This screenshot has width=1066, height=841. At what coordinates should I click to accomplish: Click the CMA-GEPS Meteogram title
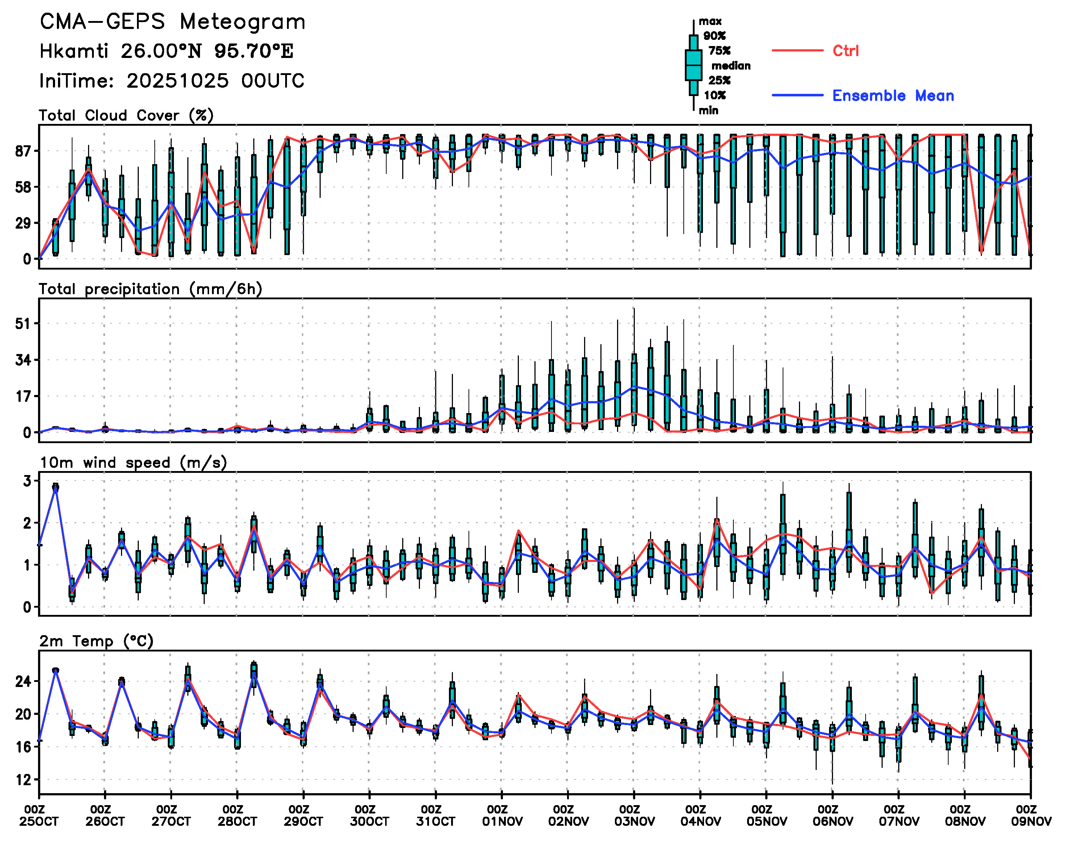pyautogui.click(x=172, y=22)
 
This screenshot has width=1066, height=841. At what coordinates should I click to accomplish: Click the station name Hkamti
pyautogui.click(x=74, y=51)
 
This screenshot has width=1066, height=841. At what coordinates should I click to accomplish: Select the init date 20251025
pyautogui.click(x=177, y=81)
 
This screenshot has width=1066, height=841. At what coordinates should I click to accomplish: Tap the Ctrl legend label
pyautogui.click(x=845, y=51)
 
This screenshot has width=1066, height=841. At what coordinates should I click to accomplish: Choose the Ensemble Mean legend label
pyautogui.click(x=893, y=96)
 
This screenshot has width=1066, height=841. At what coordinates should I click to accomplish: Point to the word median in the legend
pyautogui.click(x=731, y=66)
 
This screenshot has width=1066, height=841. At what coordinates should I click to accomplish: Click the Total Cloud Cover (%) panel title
pyautogui.click(x=126, y=116)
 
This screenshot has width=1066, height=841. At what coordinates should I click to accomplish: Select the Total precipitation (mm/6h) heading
pyautogui.click(x=150, y=289)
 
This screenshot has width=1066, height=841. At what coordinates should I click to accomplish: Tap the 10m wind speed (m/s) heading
pyautogui.click(x=133, y=463)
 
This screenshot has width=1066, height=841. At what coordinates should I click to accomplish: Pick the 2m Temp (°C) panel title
pyautogui.click(x=96, y=641)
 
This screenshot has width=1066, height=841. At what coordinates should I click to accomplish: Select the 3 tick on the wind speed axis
pyautogui.click(x=28, y=481)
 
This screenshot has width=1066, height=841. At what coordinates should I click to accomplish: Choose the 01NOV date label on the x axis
pyautogui.click(x=502, y=822)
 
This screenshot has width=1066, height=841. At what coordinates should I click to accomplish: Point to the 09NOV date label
pyautogui.click(x=1031, y=822)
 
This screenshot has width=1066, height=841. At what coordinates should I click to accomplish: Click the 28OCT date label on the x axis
pyautogui.click(x=237, y=822)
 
